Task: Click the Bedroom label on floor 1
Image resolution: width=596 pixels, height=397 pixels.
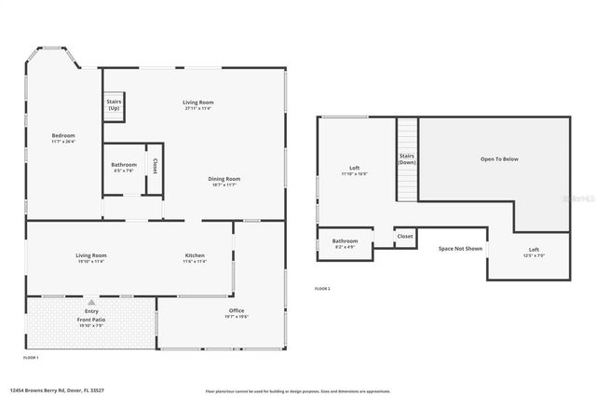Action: click(63, 138)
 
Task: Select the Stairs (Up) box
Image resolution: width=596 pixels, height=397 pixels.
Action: click(115, 105)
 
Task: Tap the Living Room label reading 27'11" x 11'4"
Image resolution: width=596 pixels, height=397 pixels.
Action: click(197, 104)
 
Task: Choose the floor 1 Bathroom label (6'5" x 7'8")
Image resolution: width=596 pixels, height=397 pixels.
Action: click(124, 167)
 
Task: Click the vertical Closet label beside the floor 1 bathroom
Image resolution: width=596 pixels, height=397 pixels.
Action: click(155, 167)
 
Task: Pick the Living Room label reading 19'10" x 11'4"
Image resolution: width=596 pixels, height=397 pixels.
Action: click(91, 258)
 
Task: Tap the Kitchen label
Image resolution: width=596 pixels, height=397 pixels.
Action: click(195, 258)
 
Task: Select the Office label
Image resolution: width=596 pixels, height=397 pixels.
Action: click(237, 313)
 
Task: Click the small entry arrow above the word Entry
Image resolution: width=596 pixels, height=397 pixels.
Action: click(91, 303)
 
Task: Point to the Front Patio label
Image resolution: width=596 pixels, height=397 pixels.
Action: click(91, 322)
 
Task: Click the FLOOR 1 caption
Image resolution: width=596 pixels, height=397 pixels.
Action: click(32, 358)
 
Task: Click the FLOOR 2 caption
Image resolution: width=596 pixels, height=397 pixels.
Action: click(322, 289)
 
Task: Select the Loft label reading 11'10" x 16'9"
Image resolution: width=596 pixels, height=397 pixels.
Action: click(354, 171)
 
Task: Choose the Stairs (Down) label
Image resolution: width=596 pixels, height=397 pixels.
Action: click(407, 158)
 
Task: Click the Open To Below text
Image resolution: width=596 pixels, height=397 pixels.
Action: click(499, 159)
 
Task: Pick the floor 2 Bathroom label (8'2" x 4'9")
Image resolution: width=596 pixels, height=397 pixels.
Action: click(345, 243)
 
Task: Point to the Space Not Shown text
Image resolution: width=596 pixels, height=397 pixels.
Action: click(460, 249)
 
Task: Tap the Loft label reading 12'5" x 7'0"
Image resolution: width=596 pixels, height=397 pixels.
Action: click(534, 252)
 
